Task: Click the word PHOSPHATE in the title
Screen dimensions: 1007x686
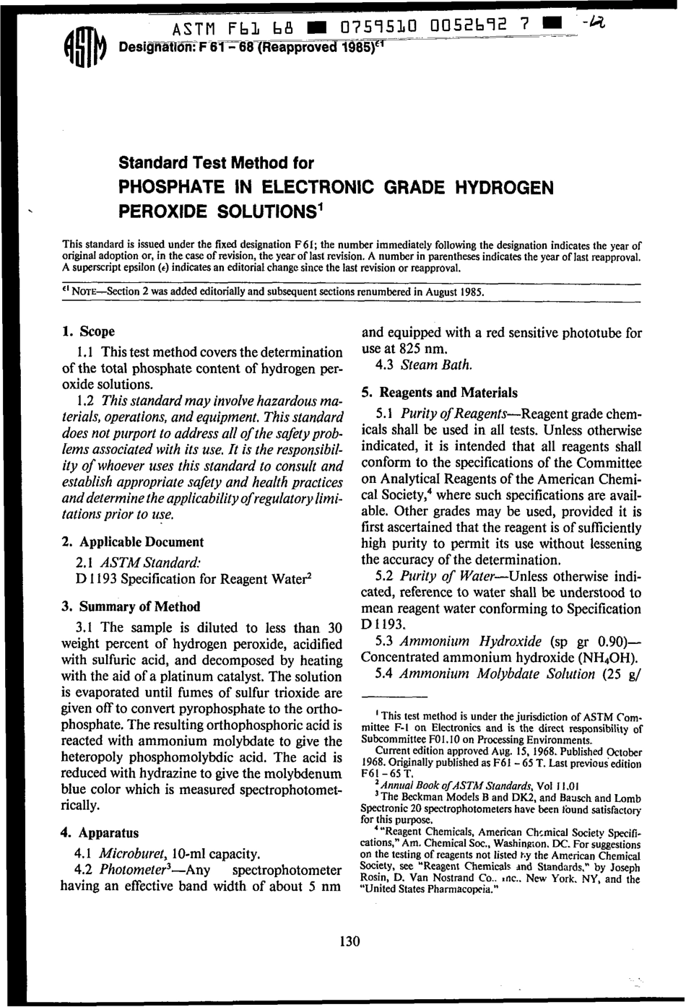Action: click(168, 188)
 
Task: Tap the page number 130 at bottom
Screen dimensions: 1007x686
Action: click(349, 941)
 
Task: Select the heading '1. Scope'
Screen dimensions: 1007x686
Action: click(89, 331)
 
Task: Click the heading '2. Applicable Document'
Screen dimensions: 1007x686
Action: click(133, 541)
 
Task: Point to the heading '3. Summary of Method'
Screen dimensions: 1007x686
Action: click(131, 606)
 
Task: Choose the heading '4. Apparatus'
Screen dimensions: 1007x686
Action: click(100, 832)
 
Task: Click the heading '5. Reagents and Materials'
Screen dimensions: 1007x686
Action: click(439, 393)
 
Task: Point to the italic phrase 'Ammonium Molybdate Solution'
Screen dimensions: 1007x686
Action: click(497, 674)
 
